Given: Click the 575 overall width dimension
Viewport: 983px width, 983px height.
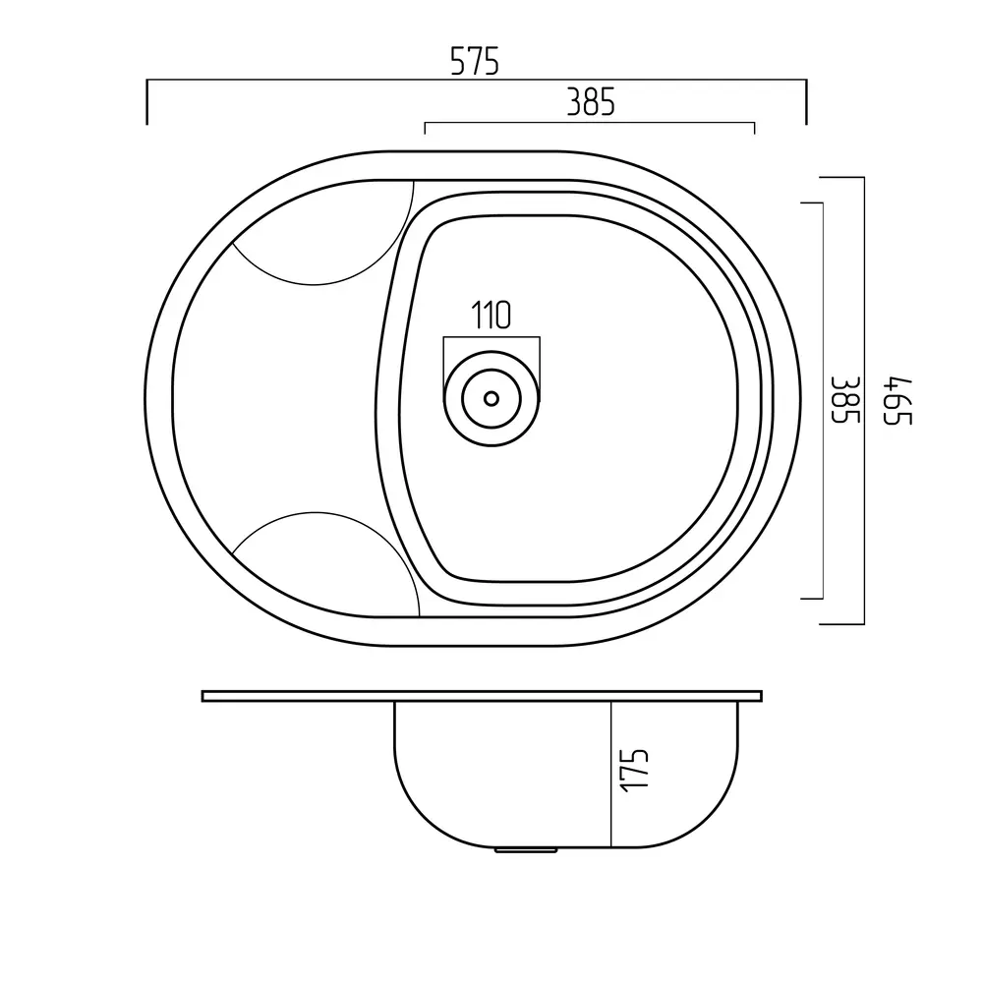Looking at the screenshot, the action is pos(475,61).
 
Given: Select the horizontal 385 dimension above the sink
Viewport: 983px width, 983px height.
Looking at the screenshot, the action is pos(591,102).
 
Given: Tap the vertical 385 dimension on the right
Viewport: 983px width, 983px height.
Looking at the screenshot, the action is pos(844,400).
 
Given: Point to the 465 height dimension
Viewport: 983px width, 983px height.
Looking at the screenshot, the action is pos(897,401).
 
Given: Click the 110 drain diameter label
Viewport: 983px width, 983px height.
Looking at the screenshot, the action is pos(491,316).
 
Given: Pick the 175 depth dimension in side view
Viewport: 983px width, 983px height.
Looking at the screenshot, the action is pos(634,771).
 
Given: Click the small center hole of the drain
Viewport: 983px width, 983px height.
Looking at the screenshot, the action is pos(491,398).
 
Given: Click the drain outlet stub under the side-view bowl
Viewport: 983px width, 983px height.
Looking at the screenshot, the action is pos(525,850).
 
